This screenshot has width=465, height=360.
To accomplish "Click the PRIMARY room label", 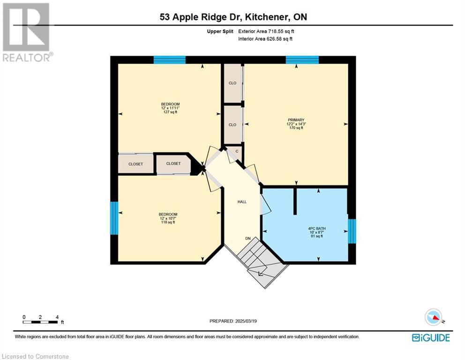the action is (x=296, y=120).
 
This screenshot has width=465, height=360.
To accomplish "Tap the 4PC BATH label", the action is (x=317, y=228).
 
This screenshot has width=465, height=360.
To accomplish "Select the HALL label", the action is (x=242, y=202).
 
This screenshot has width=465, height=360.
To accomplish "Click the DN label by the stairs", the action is (x=248, y=239).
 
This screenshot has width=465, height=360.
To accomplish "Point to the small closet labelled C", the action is (x=237, y=151).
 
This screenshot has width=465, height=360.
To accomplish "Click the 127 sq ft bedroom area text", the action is (x=170, y=112).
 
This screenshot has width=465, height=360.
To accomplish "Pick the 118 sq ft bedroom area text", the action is (x=168, y=222).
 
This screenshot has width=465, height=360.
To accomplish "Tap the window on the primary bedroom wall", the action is (x=302, y=60).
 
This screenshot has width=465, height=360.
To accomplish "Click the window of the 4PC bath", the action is (x=352, y=231).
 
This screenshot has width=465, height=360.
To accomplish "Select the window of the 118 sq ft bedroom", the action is (x=114, y=218).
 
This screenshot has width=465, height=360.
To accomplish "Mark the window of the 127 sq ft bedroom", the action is (x=170, y=60).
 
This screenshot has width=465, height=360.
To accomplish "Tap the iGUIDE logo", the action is (x=431, y=337).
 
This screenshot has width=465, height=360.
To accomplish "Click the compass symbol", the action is (x=434, y=317).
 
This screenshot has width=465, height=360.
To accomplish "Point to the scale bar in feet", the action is (x=40, y=322).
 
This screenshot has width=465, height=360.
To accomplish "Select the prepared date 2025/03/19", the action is (x=233, y=321).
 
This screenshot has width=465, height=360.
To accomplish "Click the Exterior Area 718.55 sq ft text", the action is (x=266, y=31).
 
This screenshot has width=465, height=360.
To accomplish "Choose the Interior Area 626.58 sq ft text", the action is (x=265, y=39).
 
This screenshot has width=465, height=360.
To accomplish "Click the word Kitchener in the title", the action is (x=267, y=16).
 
